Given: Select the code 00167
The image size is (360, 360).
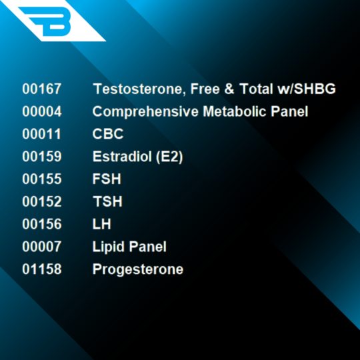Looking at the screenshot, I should (41, 89).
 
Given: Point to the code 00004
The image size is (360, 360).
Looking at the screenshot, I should (41, 111).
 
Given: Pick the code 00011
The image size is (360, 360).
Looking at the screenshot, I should (41, 134).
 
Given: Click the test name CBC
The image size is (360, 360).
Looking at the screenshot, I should (107, 134).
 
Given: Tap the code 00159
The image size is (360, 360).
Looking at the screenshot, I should (41, 157).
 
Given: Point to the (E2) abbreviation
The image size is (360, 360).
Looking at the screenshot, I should (168, 157).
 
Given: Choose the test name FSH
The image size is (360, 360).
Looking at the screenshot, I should (107, 179).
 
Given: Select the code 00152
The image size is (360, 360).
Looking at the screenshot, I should (41, 201).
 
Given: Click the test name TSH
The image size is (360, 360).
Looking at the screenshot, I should (107, 201).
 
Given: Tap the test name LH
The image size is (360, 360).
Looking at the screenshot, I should (101, 225).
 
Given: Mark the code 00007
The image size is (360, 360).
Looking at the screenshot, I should (41, 247).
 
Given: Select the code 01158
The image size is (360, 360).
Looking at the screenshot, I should (41, 269).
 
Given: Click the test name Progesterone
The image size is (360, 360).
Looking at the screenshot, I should (137, 269).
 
